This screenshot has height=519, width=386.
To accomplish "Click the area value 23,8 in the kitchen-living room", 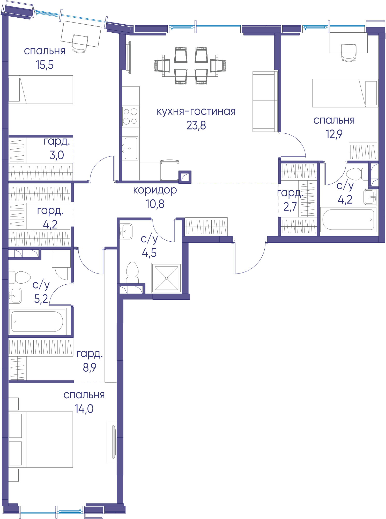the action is click(196, 125).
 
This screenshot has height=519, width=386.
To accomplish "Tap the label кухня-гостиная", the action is click(196, 111).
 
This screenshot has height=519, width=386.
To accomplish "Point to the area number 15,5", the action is click(44, 65).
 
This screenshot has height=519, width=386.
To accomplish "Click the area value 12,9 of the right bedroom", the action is click(334, 134).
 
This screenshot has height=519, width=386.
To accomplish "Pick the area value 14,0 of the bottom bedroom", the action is click(84, 409).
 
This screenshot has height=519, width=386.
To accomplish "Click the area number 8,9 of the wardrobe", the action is click(90, 367).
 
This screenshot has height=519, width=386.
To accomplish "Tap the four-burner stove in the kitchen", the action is click(130, 116).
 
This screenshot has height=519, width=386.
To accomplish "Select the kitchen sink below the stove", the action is click(130, 148).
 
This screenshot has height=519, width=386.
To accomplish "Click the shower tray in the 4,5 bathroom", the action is click(167, 278).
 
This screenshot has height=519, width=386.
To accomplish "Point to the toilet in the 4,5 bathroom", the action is click(132, 273).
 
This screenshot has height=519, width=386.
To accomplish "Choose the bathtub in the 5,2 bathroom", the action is click(38, 321).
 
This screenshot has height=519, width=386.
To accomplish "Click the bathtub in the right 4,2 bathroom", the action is click(348, 219).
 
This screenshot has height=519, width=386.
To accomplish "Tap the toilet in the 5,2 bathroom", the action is click(20, 277).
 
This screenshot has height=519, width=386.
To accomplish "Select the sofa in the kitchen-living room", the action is click(265, 102).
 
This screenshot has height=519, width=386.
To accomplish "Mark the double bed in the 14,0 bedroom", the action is click(41, 439).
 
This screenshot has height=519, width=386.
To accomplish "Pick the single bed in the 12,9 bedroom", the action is click(345, 93).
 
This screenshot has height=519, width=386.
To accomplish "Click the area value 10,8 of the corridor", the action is click(155, 204).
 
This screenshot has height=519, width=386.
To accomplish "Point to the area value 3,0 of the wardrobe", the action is click(57, 155).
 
